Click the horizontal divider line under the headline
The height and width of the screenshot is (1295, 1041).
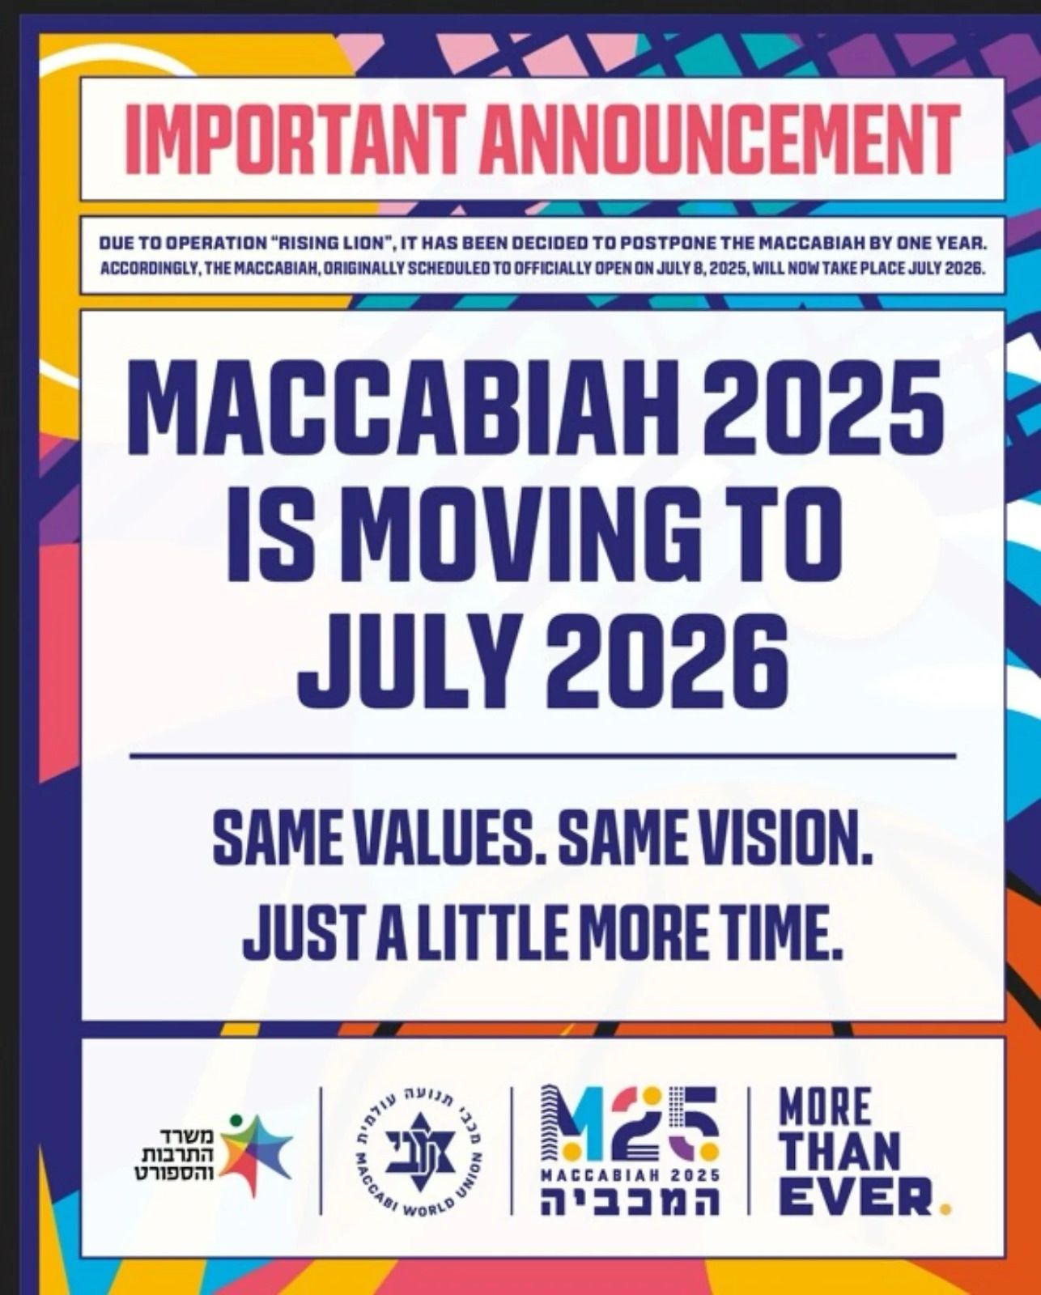point(542,754)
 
